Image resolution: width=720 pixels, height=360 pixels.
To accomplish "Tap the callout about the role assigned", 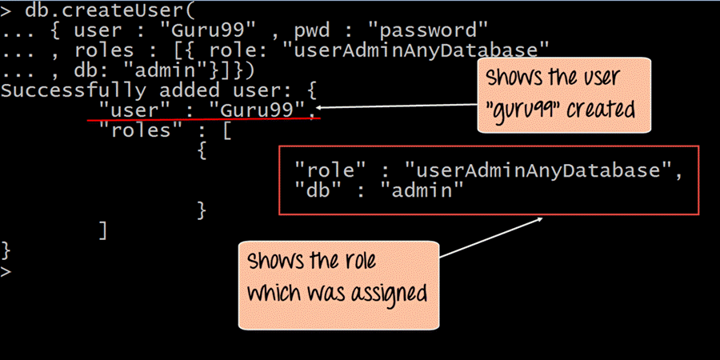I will tap(341, 278).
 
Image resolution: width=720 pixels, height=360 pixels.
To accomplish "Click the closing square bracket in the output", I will tap(103, 230).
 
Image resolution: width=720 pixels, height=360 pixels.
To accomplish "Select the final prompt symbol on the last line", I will tap(6, 270).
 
